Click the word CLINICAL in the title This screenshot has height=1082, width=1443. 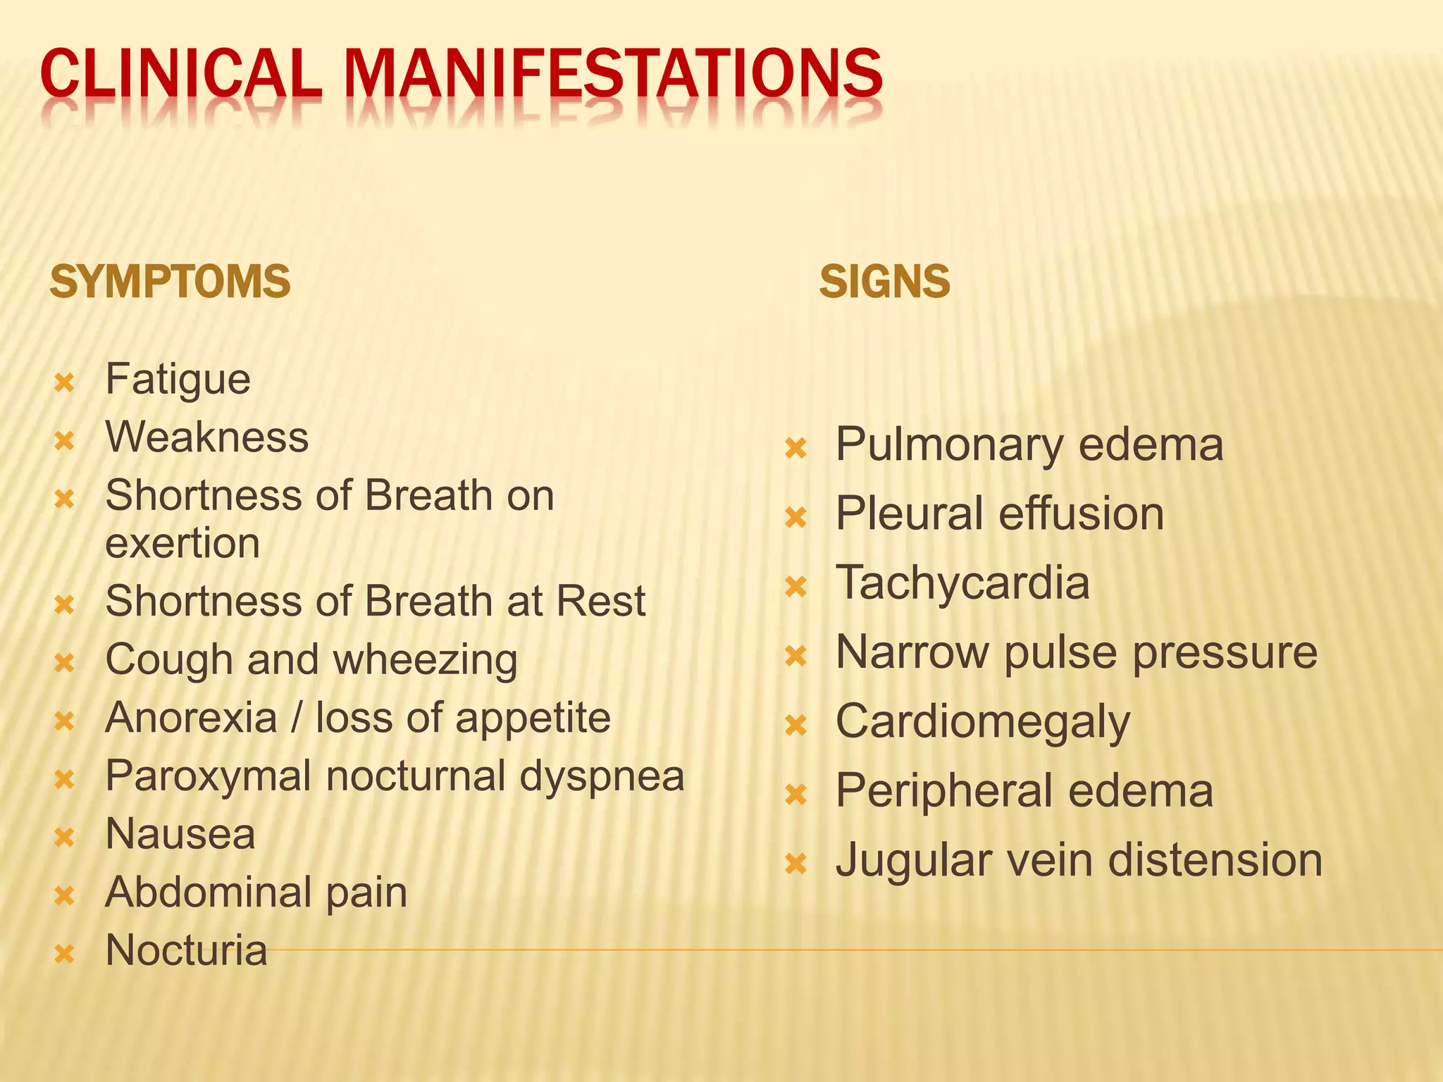click(180, 74)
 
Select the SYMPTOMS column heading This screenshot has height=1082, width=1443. click(170, 282)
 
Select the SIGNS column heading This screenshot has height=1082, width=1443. click(884, 282)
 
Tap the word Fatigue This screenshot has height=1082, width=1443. click(178, 380)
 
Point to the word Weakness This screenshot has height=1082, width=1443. click(206, 437)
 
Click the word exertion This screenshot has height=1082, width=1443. click(182, 543)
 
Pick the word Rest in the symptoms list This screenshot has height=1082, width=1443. click(600, 602)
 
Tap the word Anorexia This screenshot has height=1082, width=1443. click(191, 718)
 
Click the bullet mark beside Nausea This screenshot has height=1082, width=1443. click(64, 838)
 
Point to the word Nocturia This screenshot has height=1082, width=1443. click(186, 950)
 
